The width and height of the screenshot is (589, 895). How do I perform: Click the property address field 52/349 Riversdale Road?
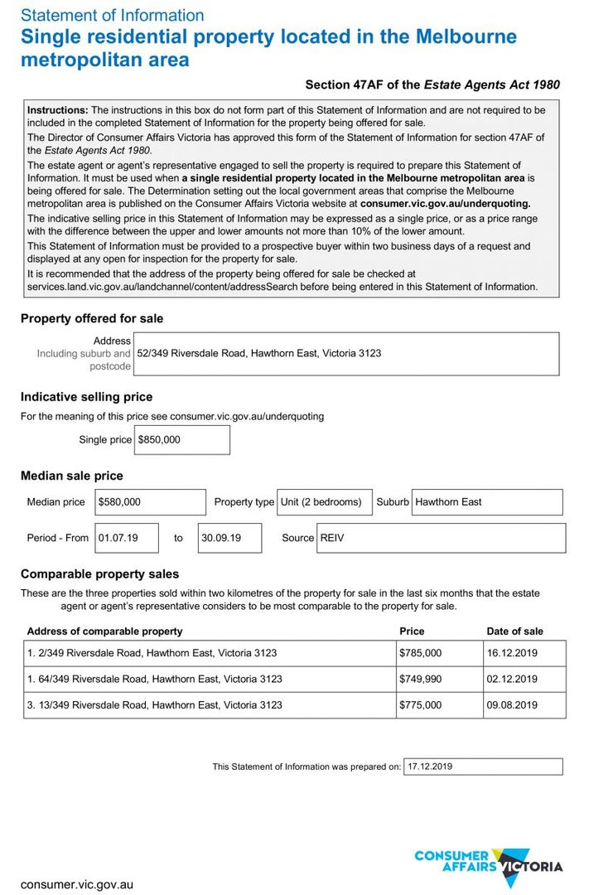[x=345, y=353]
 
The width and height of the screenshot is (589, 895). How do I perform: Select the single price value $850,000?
[x=181, y=440]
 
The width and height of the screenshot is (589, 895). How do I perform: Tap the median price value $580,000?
[x=150, y=502]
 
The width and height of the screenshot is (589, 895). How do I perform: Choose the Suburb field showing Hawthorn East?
[x=486, y=502]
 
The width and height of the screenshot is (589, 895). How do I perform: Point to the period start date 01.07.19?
[x=127, y=538]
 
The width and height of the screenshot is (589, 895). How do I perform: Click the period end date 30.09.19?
[x=229, y=538]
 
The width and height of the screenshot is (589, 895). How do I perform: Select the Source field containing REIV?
[x=441, y=538]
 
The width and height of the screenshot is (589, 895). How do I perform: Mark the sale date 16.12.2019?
[x=524, y=653]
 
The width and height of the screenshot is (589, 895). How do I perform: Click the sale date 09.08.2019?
[x=524, y=705]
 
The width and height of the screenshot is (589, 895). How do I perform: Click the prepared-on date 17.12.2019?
[x=482, y=767]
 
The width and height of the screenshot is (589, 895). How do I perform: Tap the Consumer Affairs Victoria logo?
[x=488, y=866]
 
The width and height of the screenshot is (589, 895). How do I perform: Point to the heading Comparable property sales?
[x=99, y=574]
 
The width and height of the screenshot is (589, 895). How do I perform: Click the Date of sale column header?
[x=515, y=631]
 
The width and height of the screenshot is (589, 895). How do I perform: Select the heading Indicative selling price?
[x=86, y=397]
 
